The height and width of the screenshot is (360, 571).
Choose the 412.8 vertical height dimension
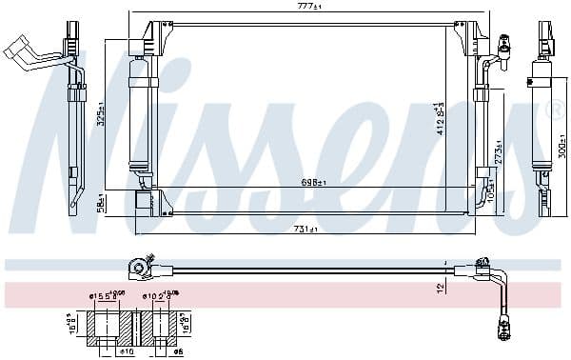[x=439, y=118]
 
